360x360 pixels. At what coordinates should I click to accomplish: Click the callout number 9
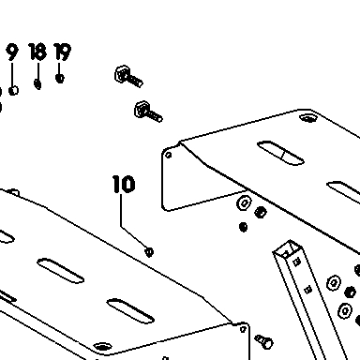click(12, 52)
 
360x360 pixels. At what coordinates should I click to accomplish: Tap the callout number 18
click(37, 52)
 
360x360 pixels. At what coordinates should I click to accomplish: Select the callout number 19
click(63, 52)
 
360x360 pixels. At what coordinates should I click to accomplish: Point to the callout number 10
click(124, 184)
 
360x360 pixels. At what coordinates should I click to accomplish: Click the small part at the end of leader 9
click(13, 91)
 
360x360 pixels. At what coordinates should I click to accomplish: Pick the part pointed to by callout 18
click(37, 84)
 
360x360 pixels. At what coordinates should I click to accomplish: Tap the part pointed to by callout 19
click(60, 78)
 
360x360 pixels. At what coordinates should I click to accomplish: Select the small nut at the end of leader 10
click(149, 251)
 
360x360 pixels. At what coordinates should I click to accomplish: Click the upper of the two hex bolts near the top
click(128, 77)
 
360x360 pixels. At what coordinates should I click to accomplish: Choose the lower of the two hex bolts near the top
click(148, 112)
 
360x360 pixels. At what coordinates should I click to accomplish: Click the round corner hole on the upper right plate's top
click(308, 118)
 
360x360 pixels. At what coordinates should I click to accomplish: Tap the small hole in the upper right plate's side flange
click(169, 155)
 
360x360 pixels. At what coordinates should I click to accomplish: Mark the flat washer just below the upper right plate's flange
click(244, 203)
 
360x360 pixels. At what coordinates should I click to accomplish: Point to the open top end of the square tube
click(288, 248)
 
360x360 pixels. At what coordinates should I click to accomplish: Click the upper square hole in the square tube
click(297, 262)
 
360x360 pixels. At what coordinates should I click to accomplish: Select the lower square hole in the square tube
click(308, 290)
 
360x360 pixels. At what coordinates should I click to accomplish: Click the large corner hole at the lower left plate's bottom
click(102, 347)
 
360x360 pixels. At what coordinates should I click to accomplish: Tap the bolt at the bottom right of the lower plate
click(264, 342)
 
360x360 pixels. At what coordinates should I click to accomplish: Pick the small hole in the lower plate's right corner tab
click(243, 329)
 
